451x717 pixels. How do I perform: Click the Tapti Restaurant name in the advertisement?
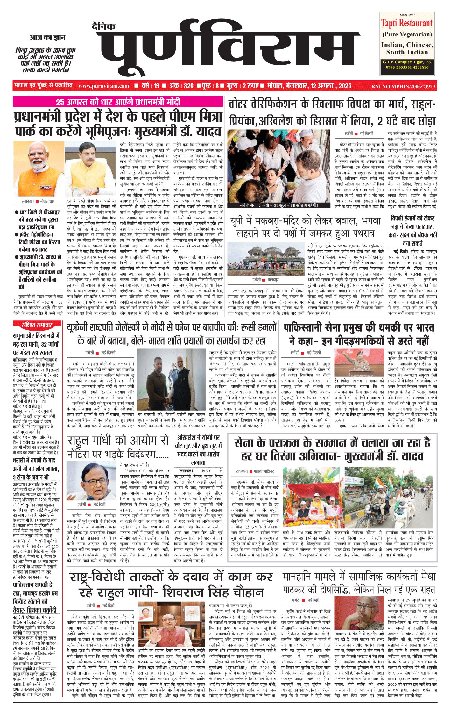pos(407,23)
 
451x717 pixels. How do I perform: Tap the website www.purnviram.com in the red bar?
pos(103,86)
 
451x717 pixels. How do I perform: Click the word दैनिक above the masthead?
pos(104,27)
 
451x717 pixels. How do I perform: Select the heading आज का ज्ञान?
pos(47,38)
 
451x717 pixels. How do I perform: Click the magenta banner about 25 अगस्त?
pos(118,102)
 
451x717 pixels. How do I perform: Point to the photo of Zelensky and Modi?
pos(171,380)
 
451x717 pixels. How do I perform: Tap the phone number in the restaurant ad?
pos(407,67)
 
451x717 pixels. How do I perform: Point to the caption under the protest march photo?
pos(279,205)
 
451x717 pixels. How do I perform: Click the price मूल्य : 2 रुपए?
pos(243,86)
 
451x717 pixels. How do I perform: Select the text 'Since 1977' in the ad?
pos(407,15)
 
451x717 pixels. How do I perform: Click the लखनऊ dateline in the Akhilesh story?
pos(186,470)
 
